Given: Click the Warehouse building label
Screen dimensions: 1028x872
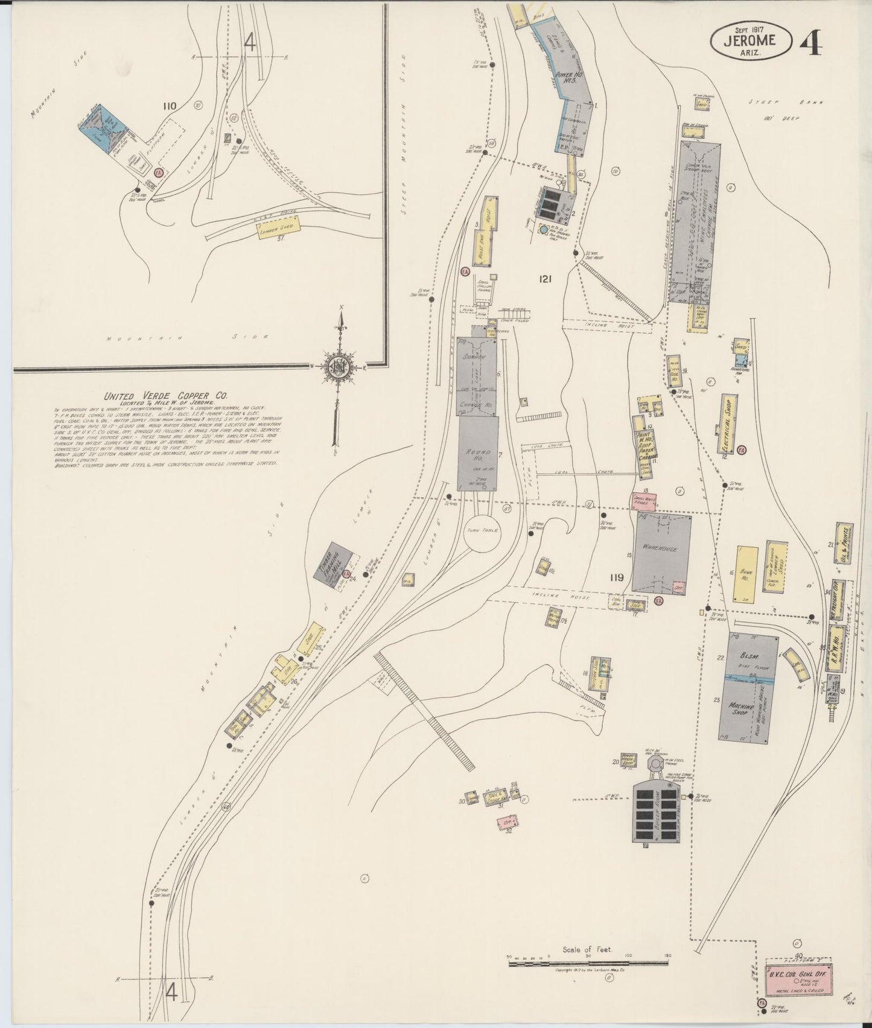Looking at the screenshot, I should (661, 550).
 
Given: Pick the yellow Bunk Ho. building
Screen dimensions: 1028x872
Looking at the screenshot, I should (746, 573).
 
